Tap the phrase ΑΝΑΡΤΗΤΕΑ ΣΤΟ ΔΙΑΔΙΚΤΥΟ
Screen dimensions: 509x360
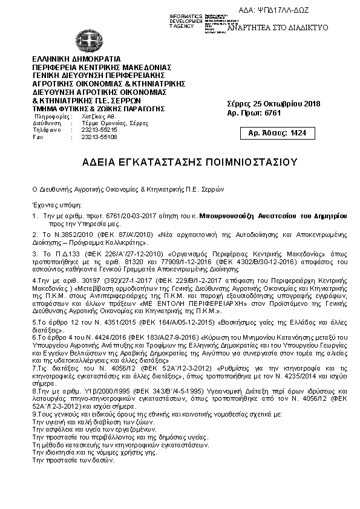coord(277,28)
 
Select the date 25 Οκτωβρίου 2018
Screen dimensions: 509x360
coord(286,104)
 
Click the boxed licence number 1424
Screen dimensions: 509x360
coord(299,132)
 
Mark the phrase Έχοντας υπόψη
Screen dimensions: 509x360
coord(51,205)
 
